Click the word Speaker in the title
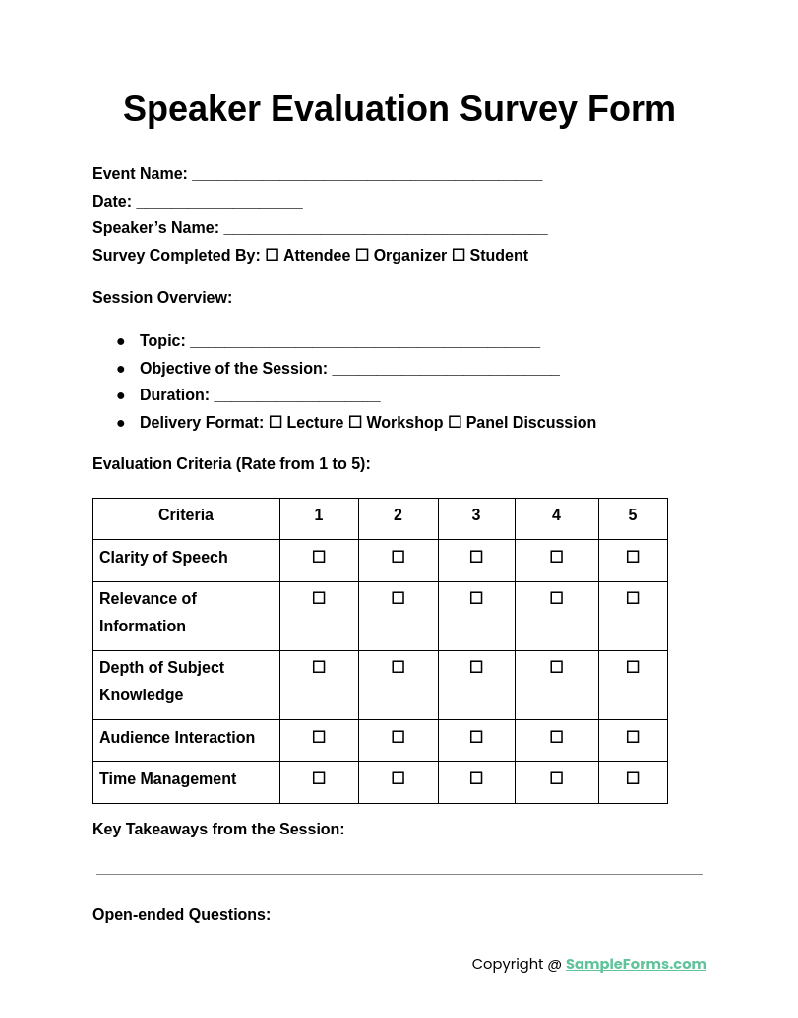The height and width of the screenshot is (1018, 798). [192, 109]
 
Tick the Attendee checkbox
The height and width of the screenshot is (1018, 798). [272, 255]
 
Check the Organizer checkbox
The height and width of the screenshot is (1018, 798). [362, 255]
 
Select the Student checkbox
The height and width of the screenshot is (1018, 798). [459, 255]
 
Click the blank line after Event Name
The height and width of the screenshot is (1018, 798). [367, 175]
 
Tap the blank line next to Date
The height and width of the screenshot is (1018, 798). [219, 203]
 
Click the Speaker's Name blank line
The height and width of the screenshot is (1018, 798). [386, 229]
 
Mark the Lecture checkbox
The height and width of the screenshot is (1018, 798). [276, 422]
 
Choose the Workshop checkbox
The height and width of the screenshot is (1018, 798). [355, 422]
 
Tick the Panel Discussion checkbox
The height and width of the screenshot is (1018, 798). [455, 422]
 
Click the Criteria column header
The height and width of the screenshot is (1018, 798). [186, 515]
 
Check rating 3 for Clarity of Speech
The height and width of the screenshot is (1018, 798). [476, 557]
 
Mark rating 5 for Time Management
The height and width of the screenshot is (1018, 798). [633, 778]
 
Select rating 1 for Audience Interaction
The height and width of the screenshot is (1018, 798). [319, 737]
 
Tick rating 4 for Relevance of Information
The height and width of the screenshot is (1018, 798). [556, 598]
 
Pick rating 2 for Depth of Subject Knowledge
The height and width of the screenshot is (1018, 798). [398, 667]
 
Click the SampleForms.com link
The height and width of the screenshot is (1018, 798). [636, 964]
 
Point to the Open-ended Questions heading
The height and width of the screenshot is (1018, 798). [181, 915]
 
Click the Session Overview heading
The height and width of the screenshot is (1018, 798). [162, 298]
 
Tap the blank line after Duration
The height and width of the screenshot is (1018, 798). [297, 396]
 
